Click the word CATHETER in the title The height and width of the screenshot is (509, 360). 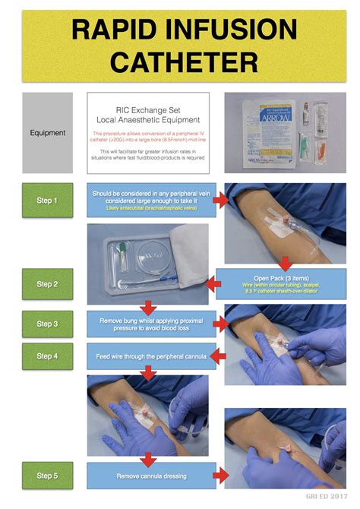click(x=179, y=60)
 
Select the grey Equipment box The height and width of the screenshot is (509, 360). click(x=47, y=133)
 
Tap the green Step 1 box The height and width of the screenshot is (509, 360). click(x=47, y=200)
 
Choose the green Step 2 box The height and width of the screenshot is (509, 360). click(x=47, y=284)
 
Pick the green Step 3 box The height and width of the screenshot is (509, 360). click(x=47, y=324)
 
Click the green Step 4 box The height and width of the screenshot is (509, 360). click(x=47, y=356)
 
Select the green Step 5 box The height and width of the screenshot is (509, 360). click(x=47, y=476)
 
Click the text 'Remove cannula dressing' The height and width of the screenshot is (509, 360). click(x=149, y=476)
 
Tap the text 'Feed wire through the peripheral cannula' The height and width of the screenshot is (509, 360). click(x=149, y=356)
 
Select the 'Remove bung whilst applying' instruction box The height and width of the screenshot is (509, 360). click(x=149, y=324)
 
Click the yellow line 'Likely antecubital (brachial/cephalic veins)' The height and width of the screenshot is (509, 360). click(x=149, y=207)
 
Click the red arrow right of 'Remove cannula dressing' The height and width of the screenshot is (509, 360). click(x=219, y=476)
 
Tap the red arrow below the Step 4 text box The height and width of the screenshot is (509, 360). click(x=149, y=372)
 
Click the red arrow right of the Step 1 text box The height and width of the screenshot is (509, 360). click(x=220, y=200)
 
